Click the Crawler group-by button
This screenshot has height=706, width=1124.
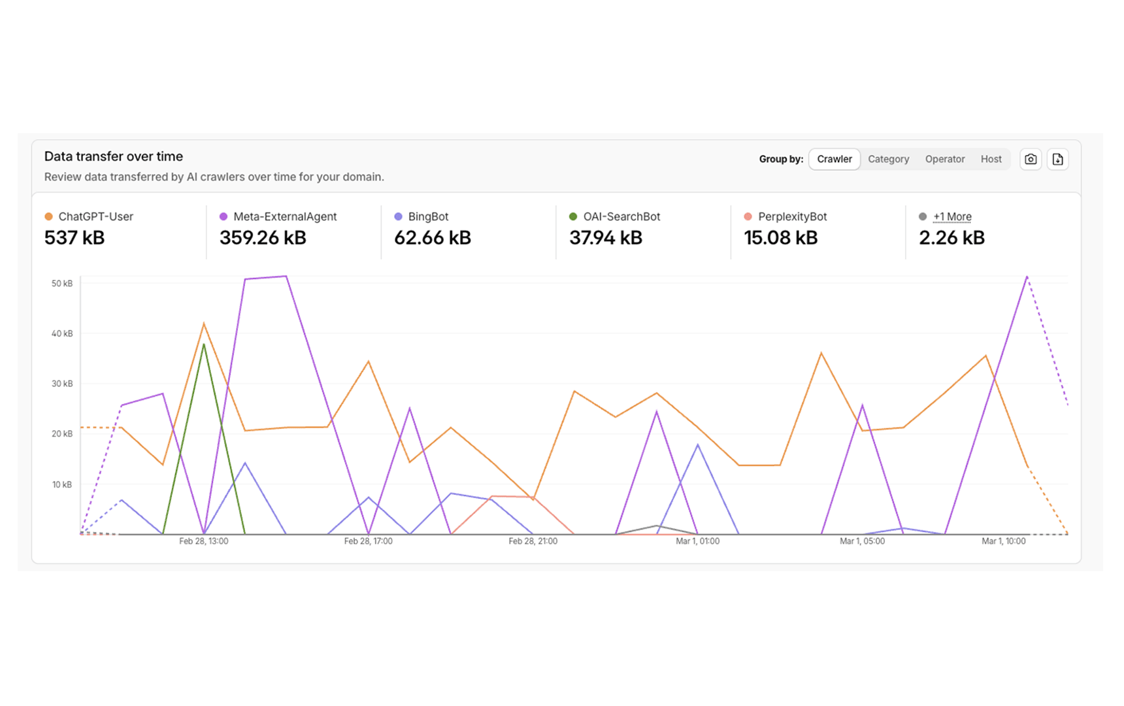(834, 159)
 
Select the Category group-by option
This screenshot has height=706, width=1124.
(888, 159)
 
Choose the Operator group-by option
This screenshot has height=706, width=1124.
(944, 159)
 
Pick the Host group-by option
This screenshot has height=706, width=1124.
(991, 159)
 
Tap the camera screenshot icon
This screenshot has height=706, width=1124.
(1031, 159)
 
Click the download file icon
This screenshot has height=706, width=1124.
(1057, 159)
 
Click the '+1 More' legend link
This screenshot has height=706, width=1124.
(952, 216)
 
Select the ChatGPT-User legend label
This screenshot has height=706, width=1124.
(95, 216)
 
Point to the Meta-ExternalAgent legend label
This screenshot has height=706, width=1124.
(285, 216)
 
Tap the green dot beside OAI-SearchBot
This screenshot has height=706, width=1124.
(573, 216)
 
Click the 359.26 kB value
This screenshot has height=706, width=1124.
(263, 238)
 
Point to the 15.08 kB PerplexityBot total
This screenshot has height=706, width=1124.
(780, 238)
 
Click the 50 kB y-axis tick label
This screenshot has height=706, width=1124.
(62, 283)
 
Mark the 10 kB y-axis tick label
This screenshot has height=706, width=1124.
(62, 484)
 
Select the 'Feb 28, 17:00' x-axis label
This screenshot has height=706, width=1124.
(368, 541)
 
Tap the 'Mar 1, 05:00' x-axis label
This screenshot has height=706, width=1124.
(862, 541)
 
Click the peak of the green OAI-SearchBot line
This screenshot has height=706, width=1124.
(204, 345)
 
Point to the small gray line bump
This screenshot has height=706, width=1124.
(657, 526)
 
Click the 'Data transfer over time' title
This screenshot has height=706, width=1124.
(114, 156)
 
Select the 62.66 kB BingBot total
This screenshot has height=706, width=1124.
(432, 238)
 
